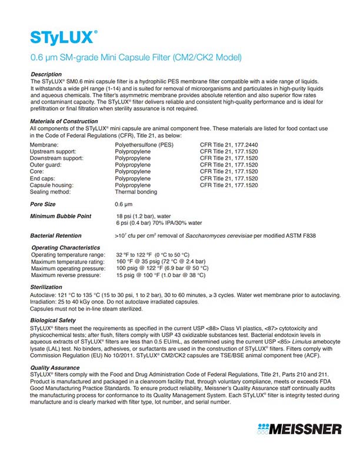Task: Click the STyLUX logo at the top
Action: point(63,38)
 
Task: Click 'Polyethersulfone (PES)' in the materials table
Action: point(144,144)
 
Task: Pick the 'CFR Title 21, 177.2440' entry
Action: point(229,144)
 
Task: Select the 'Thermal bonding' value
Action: point(136,192)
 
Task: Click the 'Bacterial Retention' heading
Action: point(56,235)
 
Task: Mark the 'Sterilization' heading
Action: point(46,287)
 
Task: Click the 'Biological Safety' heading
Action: point(52,320)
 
